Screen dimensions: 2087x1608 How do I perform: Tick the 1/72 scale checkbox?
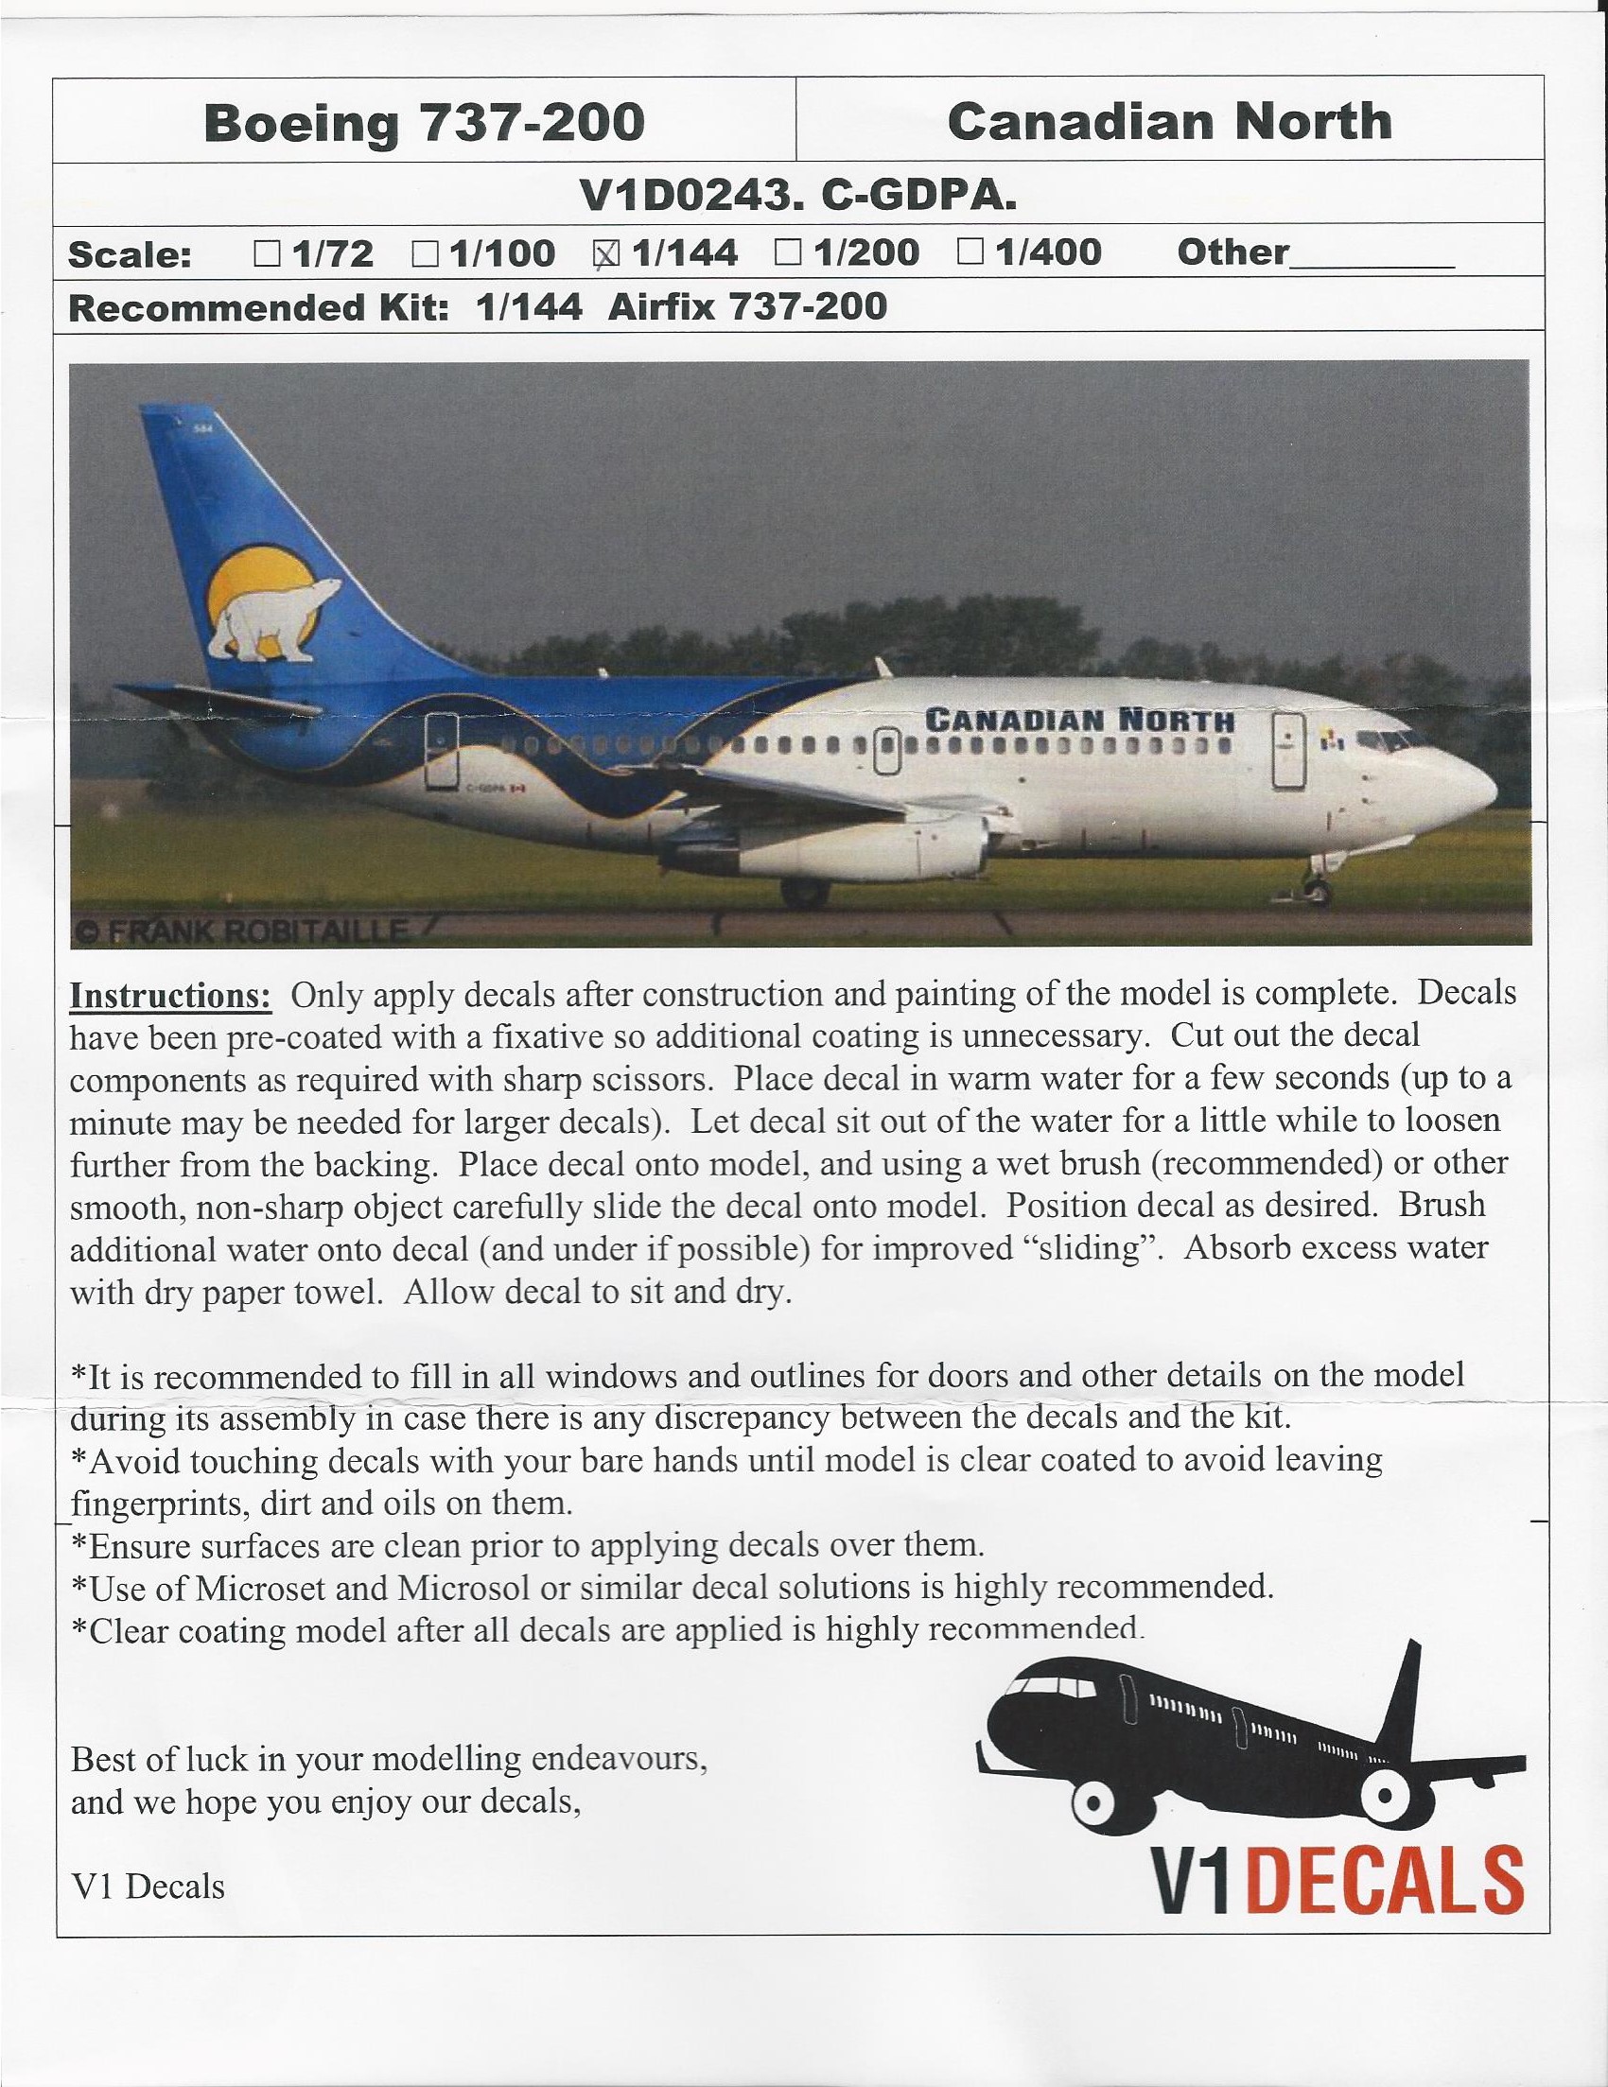pos(268,253)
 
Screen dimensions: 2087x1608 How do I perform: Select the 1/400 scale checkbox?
pos(970,253)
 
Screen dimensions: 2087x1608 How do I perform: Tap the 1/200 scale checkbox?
pos(788,253)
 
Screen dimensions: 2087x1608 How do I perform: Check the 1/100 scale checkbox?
pos(426,253)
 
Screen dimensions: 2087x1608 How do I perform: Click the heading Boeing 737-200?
pos(424,123)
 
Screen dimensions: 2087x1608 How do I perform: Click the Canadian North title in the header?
pos(1168,121)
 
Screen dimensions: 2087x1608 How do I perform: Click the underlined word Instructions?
pos(171,995)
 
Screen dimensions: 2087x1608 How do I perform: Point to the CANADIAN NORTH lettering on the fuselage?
pos(1079,719)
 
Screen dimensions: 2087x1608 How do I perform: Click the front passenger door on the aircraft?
pos(1288,751)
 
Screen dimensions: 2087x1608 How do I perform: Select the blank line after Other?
pos(1371,258)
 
